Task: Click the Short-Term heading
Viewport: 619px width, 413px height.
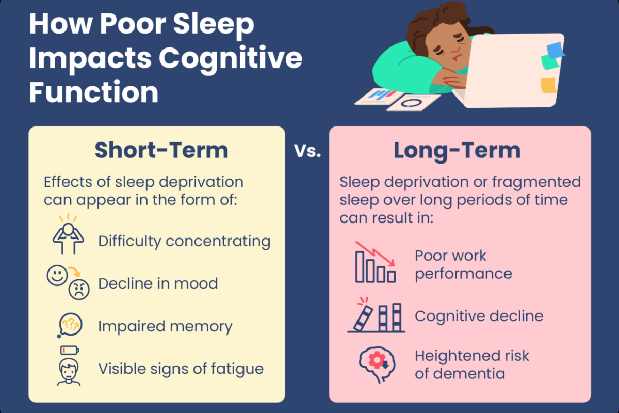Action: pos(161,151)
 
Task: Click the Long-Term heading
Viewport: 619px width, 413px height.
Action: pos(457,151)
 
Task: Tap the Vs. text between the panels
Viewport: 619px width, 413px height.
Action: pos(307,152)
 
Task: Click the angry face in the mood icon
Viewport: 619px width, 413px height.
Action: pos(79,290)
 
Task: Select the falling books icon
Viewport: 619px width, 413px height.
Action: pos(376,315)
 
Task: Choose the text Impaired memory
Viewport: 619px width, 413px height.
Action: pos(165,326)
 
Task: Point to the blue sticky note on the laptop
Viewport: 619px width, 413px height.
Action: pos(555,51)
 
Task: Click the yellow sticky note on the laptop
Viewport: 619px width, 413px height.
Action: pos(548,85)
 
